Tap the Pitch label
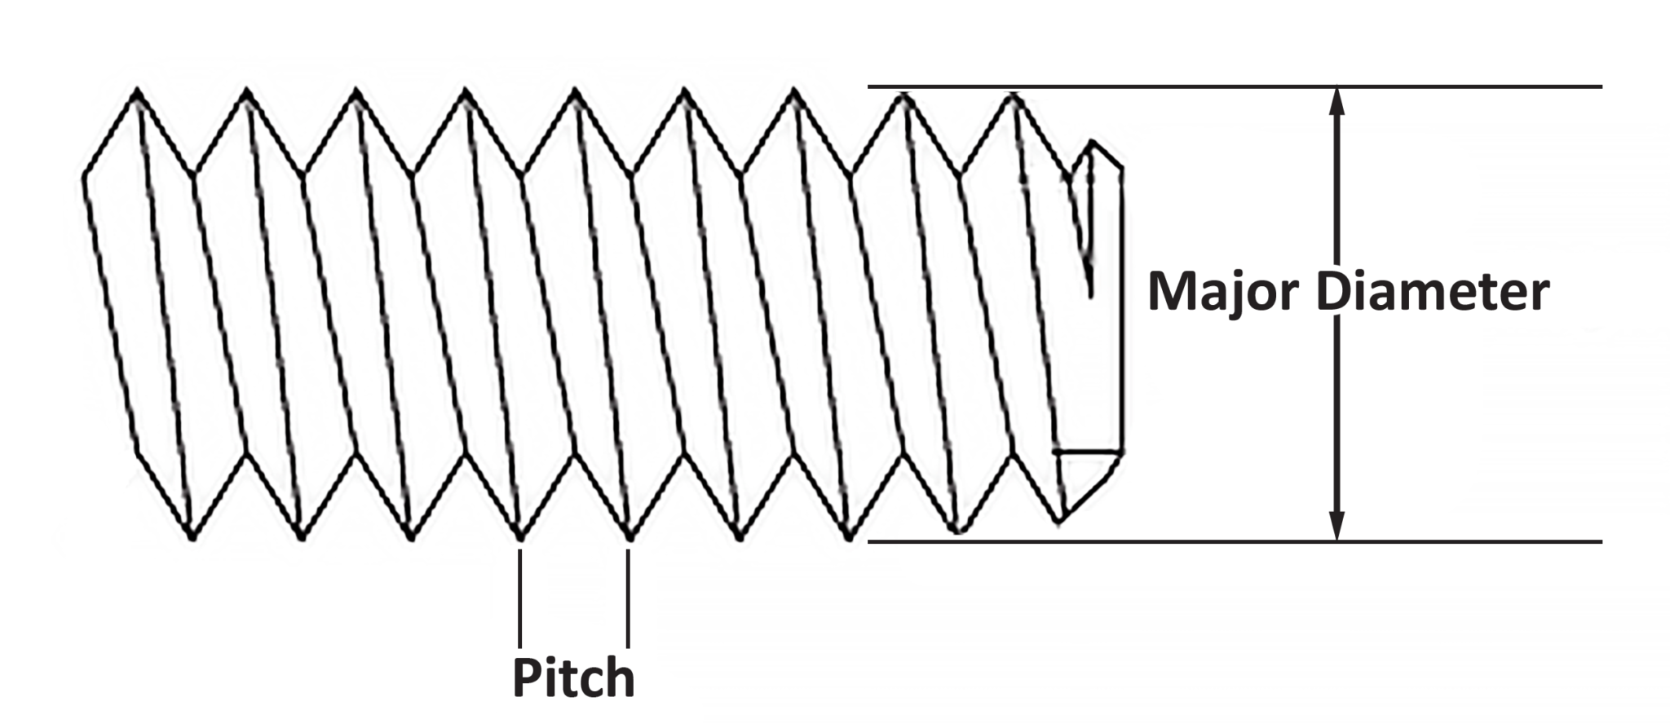573,678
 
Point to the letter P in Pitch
528,678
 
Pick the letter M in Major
1174,292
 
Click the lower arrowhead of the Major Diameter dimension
1336,527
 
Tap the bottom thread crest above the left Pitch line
520,537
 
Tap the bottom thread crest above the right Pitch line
630,537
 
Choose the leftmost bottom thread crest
192,537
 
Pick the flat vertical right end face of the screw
1122,310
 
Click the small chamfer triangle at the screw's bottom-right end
1080,481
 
